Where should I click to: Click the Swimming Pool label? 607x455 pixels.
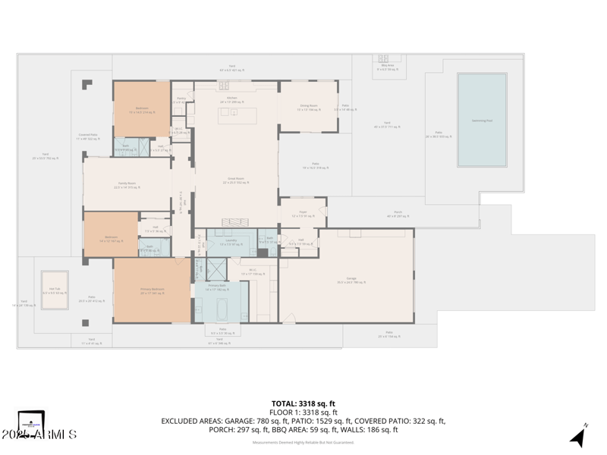point(482,120)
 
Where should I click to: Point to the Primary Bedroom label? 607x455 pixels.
point(152,290)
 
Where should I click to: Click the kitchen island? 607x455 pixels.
point(237,116)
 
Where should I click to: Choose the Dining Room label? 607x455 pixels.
point(307,108)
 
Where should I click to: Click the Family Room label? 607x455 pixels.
point(126,185)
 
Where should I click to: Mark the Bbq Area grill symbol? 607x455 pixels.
point(387,59)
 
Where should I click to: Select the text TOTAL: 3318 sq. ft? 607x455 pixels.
point(303,403)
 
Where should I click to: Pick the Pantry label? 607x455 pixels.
point(181,99)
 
